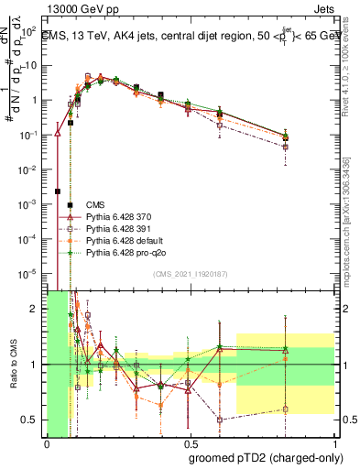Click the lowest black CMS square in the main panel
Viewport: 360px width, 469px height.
point(58,191)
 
